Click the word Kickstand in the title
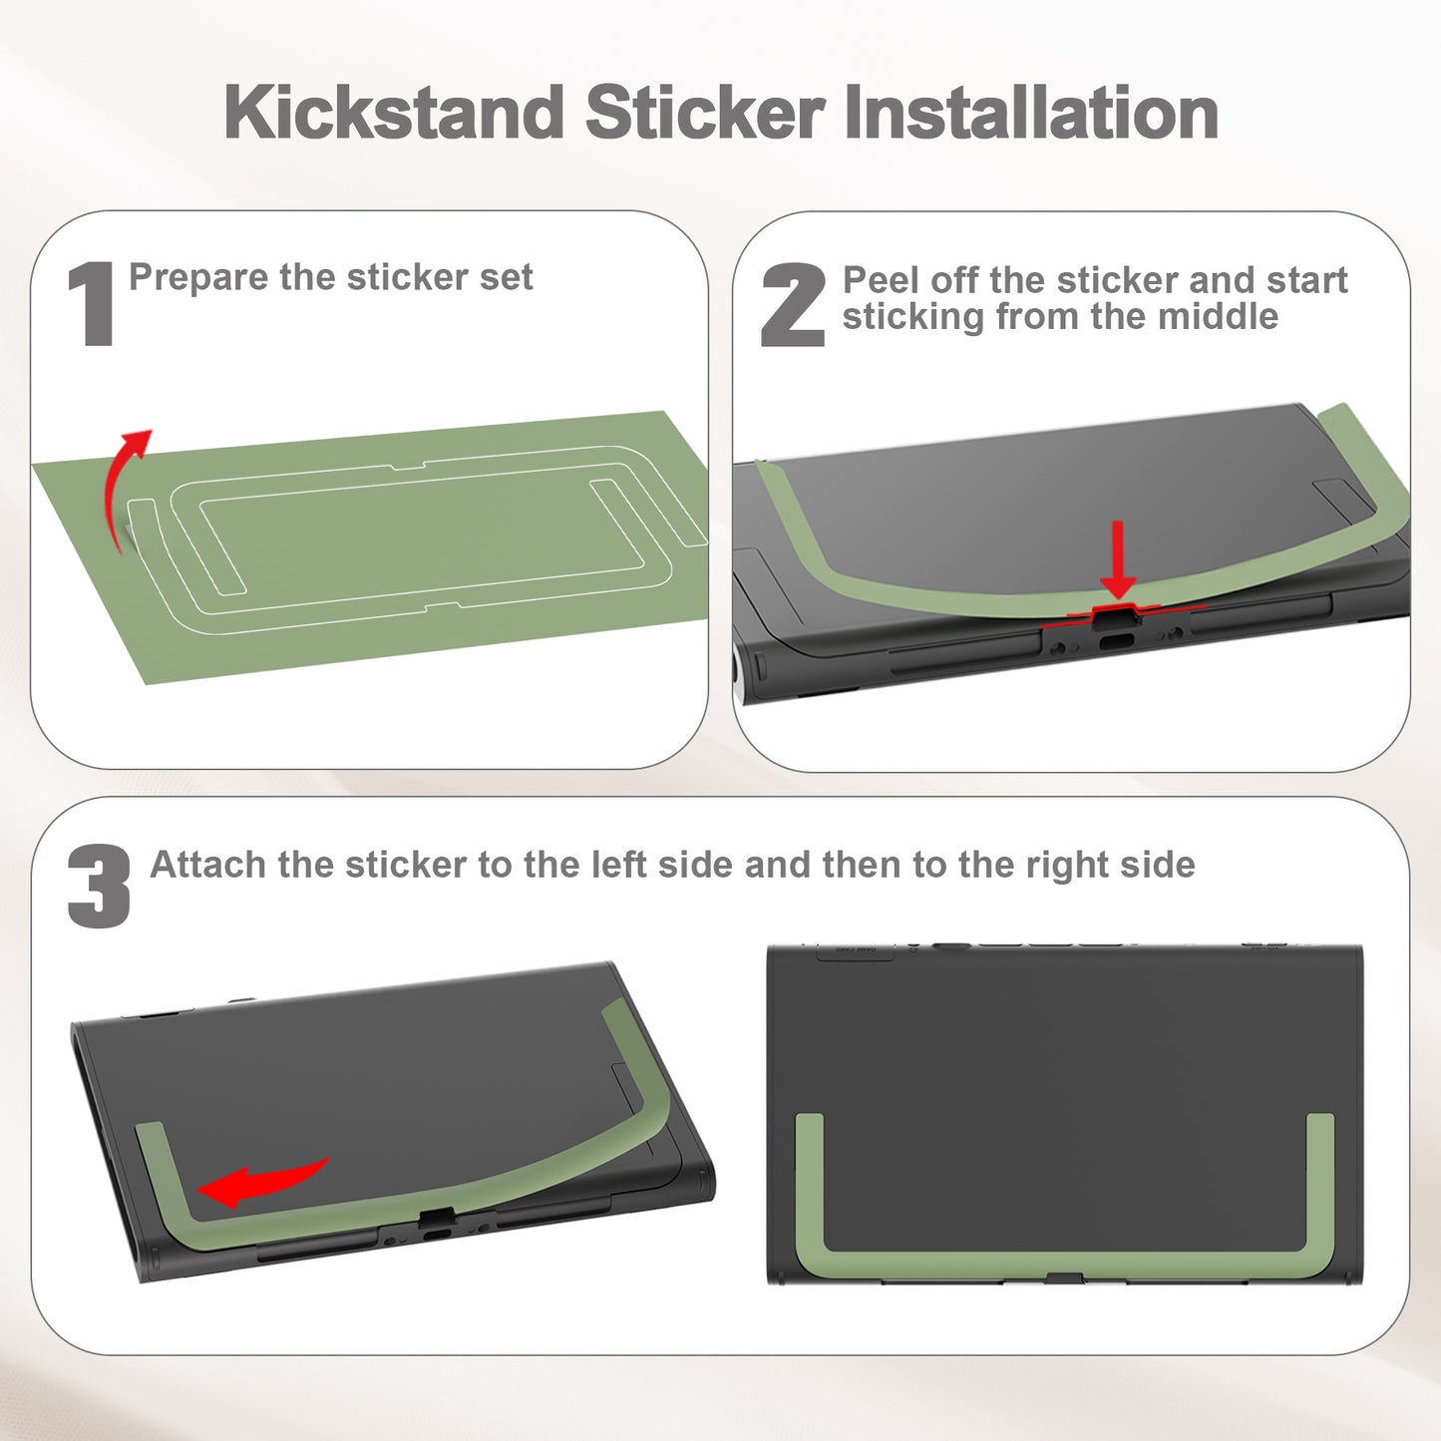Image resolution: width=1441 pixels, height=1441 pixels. pyautogui.click(x=394, y=112)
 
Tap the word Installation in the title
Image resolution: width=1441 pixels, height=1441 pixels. pyautogui.click(x=1031, y=112)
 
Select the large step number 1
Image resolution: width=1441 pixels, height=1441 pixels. pyautogui.click(x=91, y=303)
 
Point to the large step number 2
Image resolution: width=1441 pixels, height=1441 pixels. pyautogui.click(x=793, y=305)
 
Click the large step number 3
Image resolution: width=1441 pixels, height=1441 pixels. pyautogui.click(x=99, y=887)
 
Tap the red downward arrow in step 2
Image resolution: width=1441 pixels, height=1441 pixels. pyautogui.click(x=1118, y=559)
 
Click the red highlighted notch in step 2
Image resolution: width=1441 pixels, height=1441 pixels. pyautogui.click(x=1118, y=614)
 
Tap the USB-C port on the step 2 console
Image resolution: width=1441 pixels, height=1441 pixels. pyautogui.click(x=1117, y=642)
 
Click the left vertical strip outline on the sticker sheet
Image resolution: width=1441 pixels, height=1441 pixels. pyautogui.click(x=185, y=548)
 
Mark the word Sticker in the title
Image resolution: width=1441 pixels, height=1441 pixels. pyautogui.click(x=704, y=112)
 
